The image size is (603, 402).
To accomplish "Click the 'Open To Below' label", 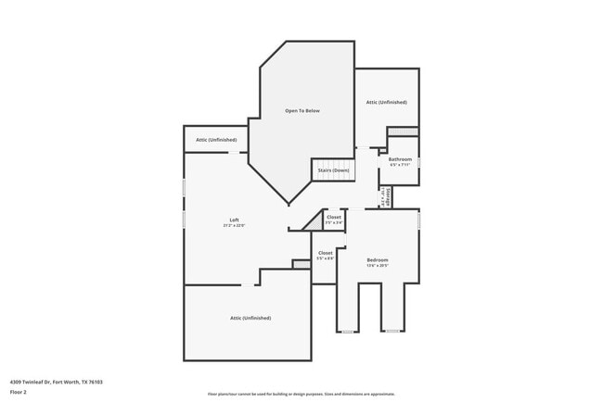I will [302, 111].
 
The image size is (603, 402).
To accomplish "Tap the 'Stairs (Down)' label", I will [333, 170].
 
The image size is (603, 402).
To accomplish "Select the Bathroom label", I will [400, 159].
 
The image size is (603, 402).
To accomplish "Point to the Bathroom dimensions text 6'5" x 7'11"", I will [400, 165].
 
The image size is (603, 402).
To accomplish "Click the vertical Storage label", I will [382, 196].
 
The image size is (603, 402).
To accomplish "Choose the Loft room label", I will [235, 220].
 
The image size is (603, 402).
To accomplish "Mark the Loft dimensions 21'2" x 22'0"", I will [235, 225].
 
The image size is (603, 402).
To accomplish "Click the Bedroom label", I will [377, 259].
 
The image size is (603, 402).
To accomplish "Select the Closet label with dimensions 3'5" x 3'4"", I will [334, 217].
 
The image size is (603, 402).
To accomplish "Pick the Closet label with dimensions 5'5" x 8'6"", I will [325, 253].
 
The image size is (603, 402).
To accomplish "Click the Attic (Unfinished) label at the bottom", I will [250, 318].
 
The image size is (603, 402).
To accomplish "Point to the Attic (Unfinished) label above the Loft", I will [216, 140].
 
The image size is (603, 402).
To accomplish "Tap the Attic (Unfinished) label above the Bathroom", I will [386, 102].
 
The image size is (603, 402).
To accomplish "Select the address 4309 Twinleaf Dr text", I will [56, 382].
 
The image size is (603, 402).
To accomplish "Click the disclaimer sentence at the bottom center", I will [301, 394].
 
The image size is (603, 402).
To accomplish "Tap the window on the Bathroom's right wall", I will [418, 161].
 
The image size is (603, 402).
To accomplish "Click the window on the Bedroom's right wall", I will [418, 222].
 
